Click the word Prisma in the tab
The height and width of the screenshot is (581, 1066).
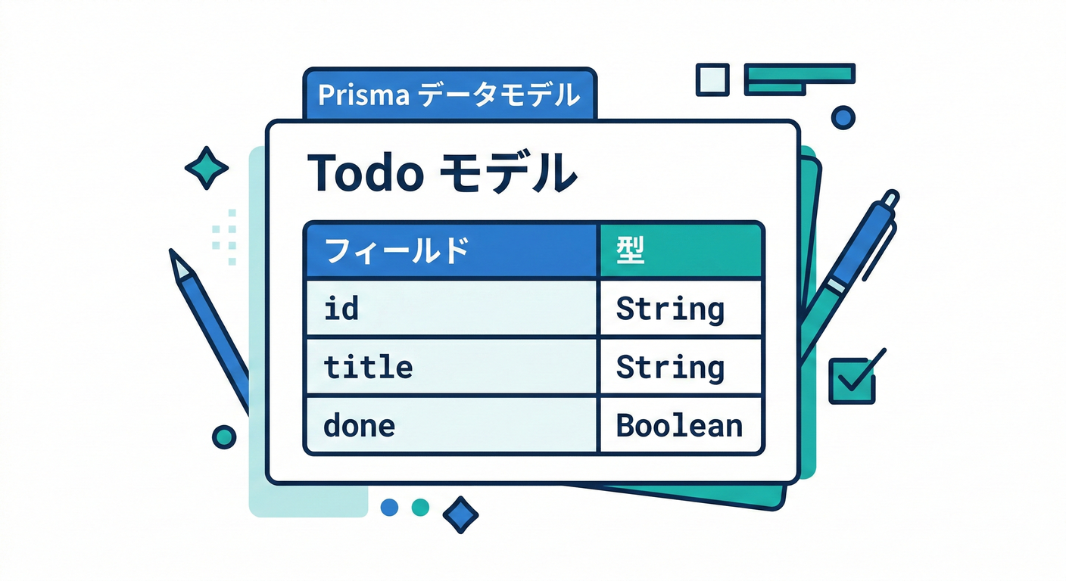(x=363, y=95)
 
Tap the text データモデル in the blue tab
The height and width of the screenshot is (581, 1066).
(x=500, y=95)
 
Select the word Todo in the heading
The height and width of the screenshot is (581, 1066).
(x=365, y=173)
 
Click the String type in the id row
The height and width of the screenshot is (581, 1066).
(x=670, y=309)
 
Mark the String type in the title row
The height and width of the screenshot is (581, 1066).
(x=670, y=367)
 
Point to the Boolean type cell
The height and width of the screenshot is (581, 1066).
(x=679, y=425)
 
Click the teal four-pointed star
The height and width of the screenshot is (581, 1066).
(x=206, y=168)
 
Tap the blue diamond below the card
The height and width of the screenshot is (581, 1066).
(x=460, y=515)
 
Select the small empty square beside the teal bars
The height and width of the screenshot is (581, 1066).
(x=712, y=79)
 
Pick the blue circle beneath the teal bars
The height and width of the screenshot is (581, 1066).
(x=843, y=117)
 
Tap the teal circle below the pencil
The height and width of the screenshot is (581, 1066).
(x=224, y=436)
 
